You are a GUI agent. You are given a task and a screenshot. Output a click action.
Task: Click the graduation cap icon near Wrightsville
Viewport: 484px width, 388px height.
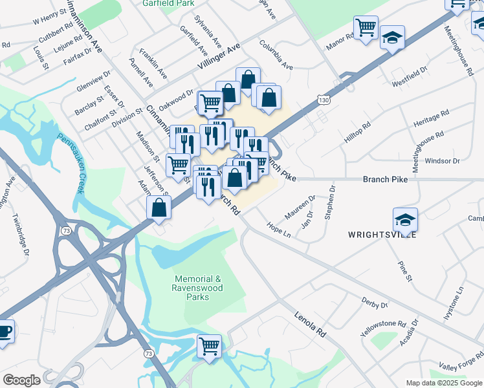pos(405,219)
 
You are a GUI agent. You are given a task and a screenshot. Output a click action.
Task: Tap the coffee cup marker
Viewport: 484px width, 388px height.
pos(4,332)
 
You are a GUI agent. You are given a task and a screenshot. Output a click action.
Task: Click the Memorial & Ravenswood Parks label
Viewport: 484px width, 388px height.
pos(199,287)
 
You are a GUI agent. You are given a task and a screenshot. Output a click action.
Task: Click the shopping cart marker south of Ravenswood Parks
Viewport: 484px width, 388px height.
pos(210,347)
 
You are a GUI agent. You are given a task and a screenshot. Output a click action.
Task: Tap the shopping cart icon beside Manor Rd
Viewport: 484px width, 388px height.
pos(366,28)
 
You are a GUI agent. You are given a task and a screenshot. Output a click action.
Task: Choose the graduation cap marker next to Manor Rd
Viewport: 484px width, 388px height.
pos(392,37)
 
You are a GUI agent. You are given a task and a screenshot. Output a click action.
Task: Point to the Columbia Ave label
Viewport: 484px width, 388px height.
pos(276,55)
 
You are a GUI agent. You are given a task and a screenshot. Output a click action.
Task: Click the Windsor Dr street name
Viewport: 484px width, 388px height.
pos(443,160)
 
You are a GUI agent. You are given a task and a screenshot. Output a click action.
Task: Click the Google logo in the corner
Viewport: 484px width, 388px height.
pos(21,380)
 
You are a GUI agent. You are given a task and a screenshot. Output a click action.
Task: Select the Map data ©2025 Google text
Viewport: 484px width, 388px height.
pos(443,383)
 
